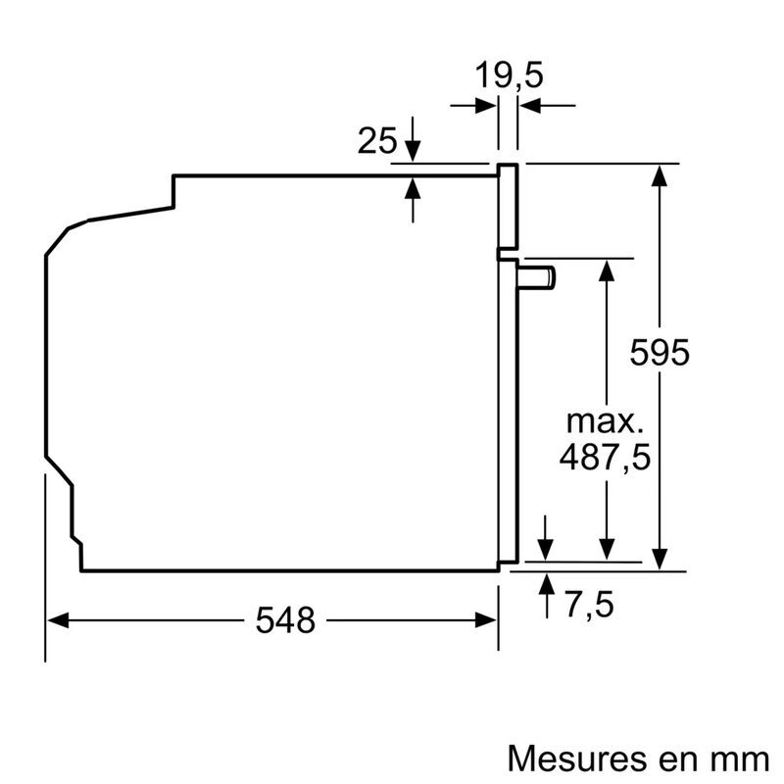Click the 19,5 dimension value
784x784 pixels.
[x=509, y=74]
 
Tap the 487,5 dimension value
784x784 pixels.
[x=606, y=457]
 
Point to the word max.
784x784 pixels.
[x=604, y=422]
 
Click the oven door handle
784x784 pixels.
[x=539, y=277]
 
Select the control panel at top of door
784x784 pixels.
[x=508, y=206]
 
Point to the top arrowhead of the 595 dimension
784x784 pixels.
[x=662, y=175]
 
